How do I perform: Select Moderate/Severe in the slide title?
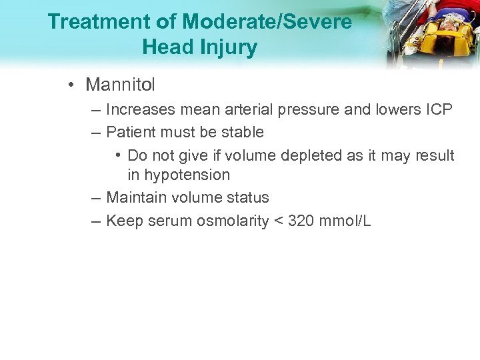coord(267,22)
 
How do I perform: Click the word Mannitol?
coord(120,85)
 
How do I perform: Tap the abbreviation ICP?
coord(439,109)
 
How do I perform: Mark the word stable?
coord(243,132)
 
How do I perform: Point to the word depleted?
coord(309,155)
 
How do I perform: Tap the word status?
coord(248,197)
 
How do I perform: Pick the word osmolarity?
coord(232,221)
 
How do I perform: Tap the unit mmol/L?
coord(345,221)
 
